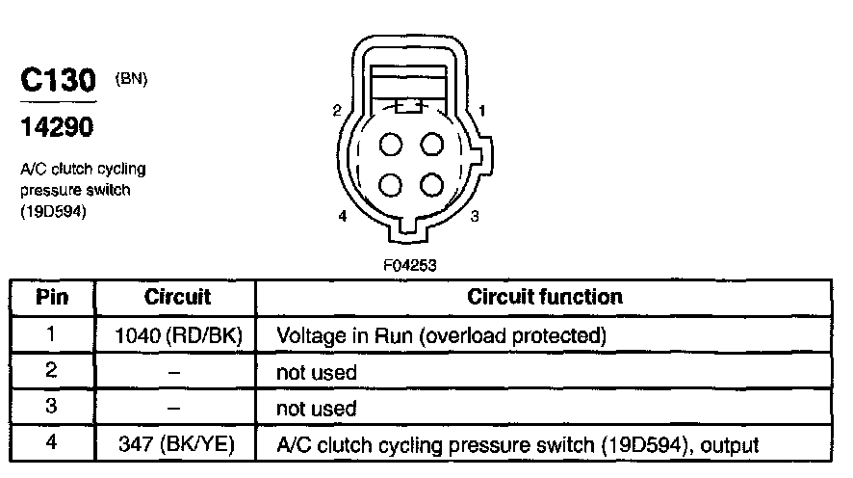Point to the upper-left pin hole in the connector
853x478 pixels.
(391, 146)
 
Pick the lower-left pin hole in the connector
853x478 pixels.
(391, 184)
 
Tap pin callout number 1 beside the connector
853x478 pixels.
(481, 111)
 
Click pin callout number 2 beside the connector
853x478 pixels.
(337, 111)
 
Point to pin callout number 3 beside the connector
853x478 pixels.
(475, 217)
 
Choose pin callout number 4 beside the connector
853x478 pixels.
(343, 217)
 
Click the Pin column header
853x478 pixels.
(52, 297)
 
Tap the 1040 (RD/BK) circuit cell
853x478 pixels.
(177, 335)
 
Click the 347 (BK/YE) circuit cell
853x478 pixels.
(177, 445)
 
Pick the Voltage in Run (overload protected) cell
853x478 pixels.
(441, 335)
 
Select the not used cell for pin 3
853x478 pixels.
(317, 409)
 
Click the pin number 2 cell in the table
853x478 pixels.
(52, 372)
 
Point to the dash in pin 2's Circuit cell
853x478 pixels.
(177, 372)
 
